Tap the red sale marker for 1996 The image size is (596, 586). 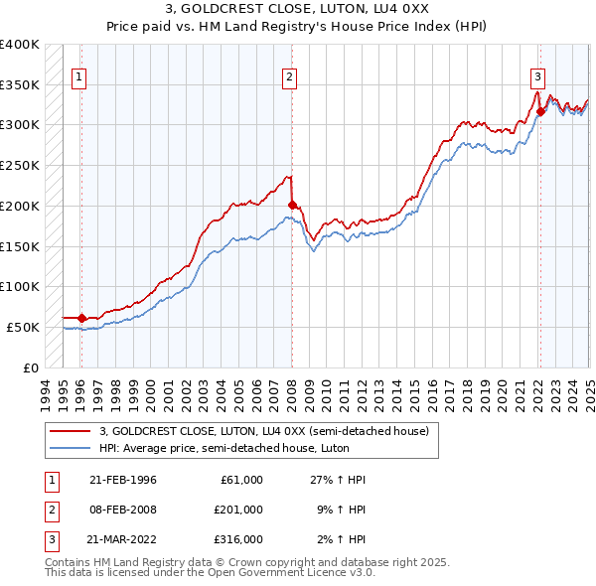81,318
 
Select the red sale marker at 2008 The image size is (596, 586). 292,206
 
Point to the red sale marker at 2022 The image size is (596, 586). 540,112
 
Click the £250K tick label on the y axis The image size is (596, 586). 20,165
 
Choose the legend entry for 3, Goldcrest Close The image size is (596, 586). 263,431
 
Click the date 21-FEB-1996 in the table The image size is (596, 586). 122,480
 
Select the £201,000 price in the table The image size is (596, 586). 237,510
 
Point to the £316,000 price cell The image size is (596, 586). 237,539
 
